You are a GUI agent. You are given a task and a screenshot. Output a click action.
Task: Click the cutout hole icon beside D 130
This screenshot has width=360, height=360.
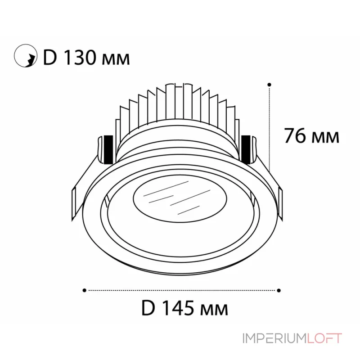coord(25,57)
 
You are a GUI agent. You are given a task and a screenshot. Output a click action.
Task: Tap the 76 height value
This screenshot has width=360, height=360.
coord(295,135)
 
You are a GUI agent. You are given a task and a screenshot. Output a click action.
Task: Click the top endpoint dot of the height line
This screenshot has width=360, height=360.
coord(269,84)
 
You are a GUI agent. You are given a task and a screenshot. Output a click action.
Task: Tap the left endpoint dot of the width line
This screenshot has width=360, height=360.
coord(85,290)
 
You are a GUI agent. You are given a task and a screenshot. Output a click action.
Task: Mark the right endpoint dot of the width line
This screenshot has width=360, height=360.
coord(279,290)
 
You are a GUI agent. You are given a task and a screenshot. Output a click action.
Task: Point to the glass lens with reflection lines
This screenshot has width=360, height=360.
coord(173,198)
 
